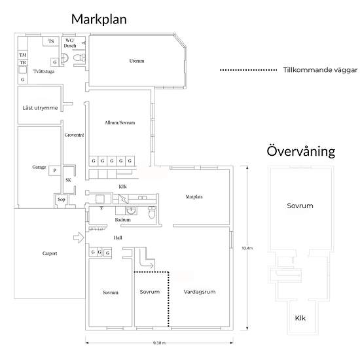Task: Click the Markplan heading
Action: [x=99, y=20]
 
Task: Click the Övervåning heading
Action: [x=301, y=151]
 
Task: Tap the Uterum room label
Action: [x=137, y=61]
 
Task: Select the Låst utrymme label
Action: [x=40, y=108]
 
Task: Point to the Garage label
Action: [x=39, y=167]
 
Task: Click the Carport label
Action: [x=50, y=253]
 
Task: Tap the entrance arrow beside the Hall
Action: [x=79, y=238]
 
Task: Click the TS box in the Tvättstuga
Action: [x=51, y=41]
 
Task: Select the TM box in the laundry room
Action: [x=23, y=55]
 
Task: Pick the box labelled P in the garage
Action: [x=54, y=171]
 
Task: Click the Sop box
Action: [x=62, y=200]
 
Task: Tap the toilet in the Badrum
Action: [x=152, y=212]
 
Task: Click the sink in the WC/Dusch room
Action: [x=65, y=58]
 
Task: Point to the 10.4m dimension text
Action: [x=247, y=248]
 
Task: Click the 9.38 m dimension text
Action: [x=159, y=343]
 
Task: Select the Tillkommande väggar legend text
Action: [x=320, y=70]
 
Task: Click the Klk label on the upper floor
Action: [x=300, y=318]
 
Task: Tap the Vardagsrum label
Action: [x=200, y=292]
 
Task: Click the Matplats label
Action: [x=194, y=197]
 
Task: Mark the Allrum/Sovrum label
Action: [x=120, y=122]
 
